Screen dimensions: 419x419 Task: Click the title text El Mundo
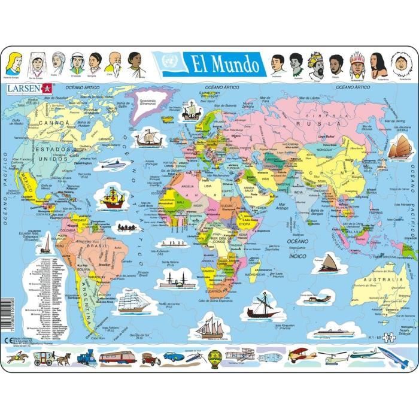(225, 63)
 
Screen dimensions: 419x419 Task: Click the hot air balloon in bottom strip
(215, 357)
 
